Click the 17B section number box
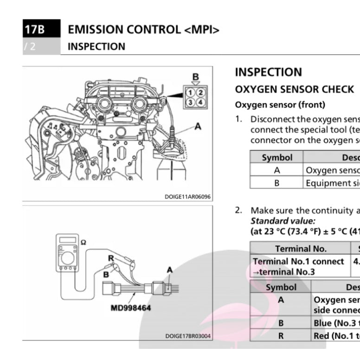coord(34,30)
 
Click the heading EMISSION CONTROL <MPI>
coord(143,30)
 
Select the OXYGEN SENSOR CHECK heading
coord(294,89)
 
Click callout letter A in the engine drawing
coord(198,126)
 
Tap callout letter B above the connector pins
coord(196,77)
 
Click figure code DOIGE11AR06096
coord(187,197)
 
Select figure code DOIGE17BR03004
coord(187,336)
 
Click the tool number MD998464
coord(131,308)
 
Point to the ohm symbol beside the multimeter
coord(84,242)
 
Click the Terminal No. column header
coord(301,248)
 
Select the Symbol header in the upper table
coord(277,157)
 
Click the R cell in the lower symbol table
coord(281,335)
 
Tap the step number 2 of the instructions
coord(238,210)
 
